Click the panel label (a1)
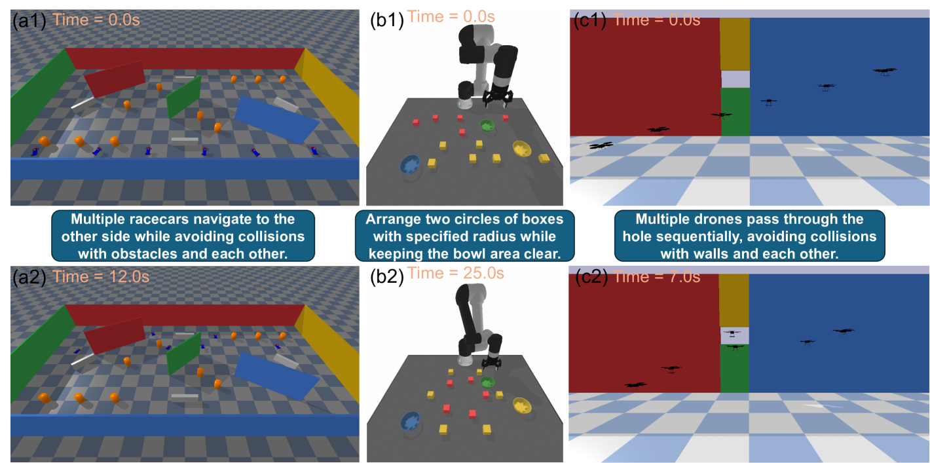click(29, 20)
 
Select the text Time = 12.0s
click(101, 277)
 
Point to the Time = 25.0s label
click(455, 273)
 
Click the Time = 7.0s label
click(658, 277)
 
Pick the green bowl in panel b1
click(487, 125)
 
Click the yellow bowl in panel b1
click(522, 149)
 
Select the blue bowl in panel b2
click(411, 421)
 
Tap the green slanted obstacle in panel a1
click(184, 97)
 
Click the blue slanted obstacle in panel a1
click(276, 120)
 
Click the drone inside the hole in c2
click(732, 333)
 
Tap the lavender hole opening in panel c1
click(735, 79)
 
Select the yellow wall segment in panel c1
click(735, 44)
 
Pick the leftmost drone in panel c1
click(601, 146)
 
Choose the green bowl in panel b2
click(487, 382)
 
